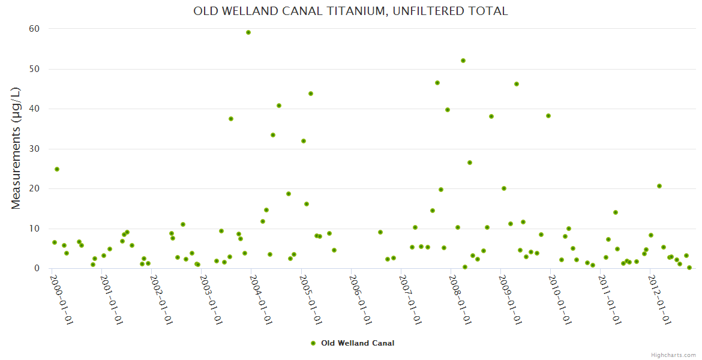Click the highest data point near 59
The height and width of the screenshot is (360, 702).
[248, 32]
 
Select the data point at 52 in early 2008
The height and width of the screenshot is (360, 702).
[463, 61]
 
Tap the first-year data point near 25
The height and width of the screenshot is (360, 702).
[57, 169]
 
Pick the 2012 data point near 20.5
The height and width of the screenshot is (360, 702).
[659, 186]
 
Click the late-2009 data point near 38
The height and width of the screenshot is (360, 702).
[548, 116]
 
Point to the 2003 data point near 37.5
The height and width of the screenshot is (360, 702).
[231, 119]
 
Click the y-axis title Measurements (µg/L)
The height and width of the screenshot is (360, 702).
[16, 148]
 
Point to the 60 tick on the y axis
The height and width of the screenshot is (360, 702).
[34, 29]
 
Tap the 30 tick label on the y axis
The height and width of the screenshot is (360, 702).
[34, 149]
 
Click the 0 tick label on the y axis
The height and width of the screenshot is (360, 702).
[37, 268]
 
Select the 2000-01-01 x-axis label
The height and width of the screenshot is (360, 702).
[61, 300]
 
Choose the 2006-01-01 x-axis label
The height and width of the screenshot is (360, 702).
[361, 300]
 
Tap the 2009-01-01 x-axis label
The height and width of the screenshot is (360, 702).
[510, 300]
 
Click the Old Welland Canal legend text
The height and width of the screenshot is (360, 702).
[358, 343]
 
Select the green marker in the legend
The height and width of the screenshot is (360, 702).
[313, 343]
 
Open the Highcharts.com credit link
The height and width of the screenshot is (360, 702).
[673, 355]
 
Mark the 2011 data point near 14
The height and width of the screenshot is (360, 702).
[616, 212]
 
